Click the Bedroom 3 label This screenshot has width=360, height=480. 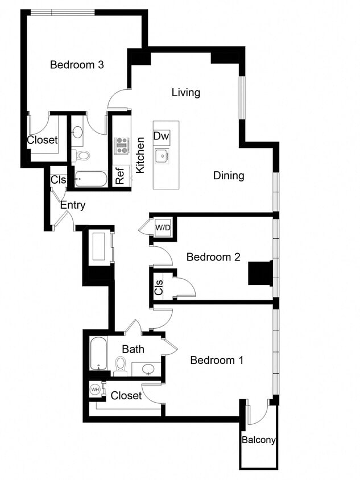[x=77, y=65]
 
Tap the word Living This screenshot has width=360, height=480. [x=186, y=92]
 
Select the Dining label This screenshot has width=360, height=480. [x=229, y=175]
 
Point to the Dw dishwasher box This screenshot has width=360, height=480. [x=162, y=136]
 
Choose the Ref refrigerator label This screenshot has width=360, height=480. [x=120, y=176]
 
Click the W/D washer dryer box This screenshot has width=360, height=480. [x=163, y=227]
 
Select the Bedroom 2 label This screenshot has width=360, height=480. [x=213, y=257]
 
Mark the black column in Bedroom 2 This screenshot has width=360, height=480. [x=260, y=272]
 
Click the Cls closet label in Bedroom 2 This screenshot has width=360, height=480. [x=159, y=288]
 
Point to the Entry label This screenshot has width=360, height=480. [x=73, y=205]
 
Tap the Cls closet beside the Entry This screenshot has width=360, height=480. [x=59, y=180]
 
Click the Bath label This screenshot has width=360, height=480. [x=133, y=349]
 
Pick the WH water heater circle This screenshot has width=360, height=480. [x=95, y=390]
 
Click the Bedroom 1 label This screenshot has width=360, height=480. [x=217, y=360]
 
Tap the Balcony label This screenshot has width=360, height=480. [x=259, y=440]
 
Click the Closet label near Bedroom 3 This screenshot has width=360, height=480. [x=42, y=139]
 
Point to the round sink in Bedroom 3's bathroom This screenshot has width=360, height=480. [x=78, y=133]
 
